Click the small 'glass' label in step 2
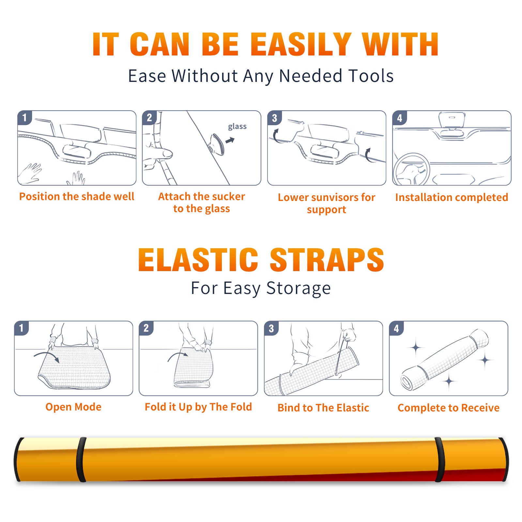click(x=237, y=127)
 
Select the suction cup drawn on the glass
click(x=217, y=144)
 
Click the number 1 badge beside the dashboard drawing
click(x=24, y=117)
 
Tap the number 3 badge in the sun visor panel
click(x=274, y=118)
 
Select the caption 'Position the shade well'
click(x=77, y=196)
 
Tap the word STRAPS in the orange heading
click(x=327, y=260)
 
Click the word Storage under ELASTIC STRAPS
click(x=299, y=288)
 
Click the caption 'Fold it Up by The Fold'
click(x=198, y=407)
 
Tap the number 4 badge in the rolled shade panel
click(x=396, y=328)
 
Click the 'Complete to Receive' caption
click(x=449, y=408)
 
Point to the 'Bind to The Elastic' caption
click(x=323, y=408)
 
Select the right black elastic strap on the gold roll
click(x=439, y=459)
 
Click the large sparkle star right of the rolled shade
click(x=485, y=360)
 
